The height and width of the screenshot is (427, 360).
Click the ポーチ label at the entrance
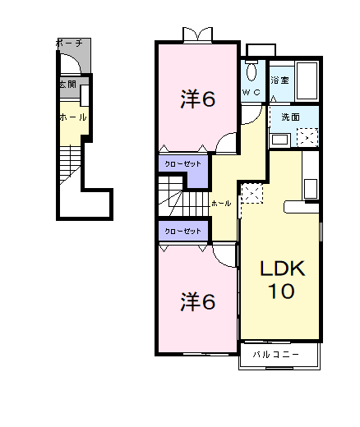click(68, 42)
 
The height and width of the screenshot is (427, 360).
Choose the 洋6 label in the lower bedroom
click(198, 301)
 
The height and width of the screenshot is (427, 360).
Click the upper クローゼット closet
click(182, 164)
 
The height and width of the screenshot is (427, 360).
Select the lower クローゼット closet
click(182, 231)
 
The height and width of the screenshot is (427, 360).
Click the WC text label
click(252, 93)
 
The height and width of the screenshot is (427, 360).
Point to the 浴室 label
click(279, 80)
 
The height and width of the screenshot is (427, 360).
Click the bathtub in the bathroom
click(307, 80)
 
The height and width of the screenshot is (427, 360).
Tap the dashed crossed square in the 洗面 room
click(308, 136)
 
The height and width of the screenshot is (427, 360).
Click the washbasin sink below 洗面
click(280, 137)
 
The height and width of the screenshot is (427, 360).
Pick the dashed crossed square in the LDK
click(252, 195)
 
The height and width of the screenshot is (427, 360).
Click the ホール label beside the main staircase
click(220, 202)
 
